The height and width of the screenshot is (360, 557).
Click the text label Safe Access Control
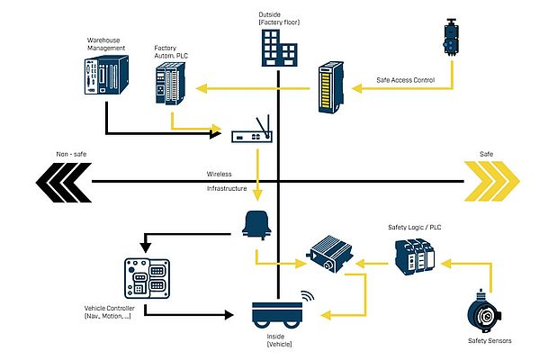pos(406,81)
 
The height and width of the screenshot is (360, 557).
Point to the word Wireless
pos(219,174)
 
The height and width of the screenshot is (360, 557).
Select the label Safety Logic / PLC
pos(415,227)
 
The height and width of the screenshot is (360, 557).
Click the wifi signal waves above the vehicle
pos(307,293)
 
